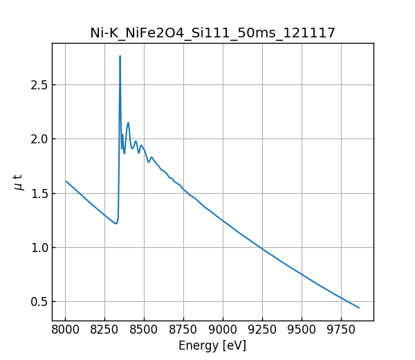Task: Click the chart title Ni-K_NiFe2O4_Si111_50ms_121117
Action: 212,33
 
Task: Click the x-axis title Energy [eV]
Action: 212,345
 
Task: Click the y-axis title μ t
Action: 19,182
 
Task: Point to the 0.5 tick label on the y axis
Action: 39,302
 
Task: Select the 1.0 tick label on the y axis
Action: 39,248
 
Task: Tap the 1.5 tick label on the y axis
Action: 39,193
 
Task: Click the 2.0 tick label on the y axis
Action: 39,139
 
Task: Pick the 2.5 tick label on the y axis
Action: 39,85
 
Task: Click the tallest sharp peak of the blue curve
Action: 120,56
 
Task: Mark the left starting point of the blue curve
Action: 66,181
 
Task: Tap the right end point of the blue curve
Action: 359,307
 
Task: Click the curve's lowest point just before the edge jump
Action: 116,223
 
